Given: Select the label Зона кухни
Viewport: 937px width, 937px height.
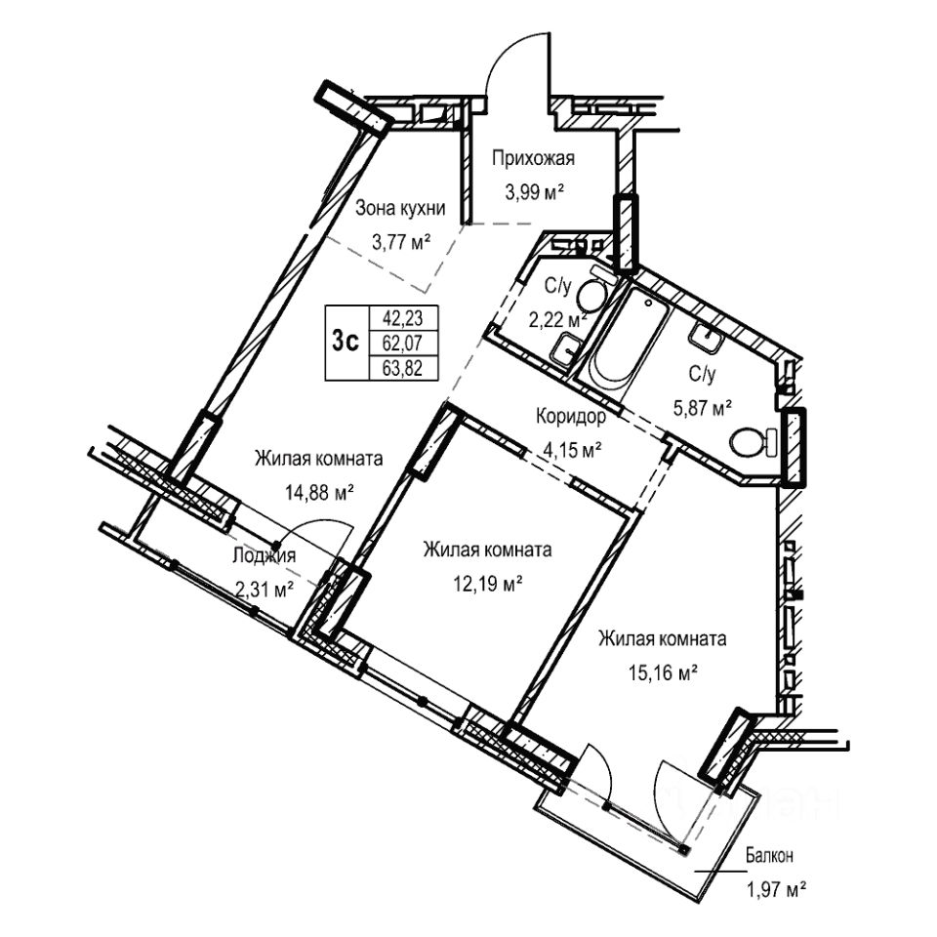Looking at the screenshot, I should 400,207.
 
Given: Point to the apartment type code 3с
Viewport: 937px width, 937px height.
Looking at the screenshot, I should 346,341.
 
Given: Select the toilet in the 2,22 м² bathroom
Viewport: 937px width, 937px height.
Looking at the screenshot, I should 589,293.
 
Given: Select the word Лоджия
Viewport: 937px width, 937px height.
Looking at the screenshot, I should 265,556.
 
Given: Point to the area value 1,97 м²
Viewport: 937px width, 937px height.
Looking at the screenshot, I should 776,889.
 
